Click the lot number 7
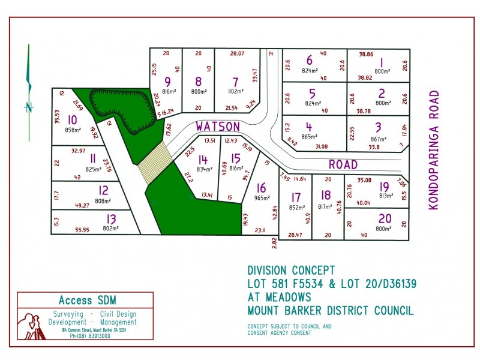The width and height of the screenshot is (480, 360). [235, 82]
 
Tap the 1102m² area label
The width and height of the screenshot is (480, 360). [235, 92]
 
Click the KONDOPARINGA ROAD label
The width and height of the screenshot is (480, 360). [434, 150]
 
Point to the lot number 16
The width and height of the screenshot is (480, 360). [261, 188]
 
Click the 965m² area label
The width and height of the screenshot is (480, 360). [262, 197]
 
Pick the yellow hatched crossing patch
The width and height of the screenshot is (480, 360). [155, 162]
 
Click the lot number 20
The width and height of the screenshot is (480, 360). [384, 219]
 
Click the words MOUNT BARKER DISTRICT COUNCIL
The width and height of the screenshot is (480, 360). [330, 310]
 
